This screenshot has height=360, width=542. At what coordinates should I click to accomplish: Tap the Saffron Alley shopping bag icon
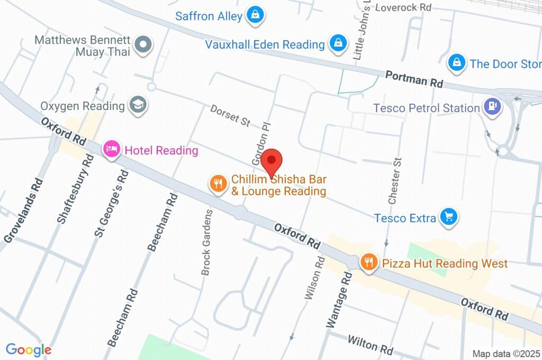pos(255,15)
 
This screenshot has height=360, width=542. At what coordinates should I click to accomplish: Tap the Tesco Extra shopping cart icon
pos(449,217)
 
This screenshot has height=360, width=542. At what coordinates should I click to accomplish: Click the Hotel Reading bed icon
pos(111,150)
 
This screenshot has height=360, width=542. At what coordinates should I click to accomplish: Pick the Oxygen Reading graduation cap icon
pos(139,105)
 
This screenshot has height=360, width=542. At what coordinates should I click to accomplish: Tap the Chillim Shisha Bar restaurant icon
pos(218,184)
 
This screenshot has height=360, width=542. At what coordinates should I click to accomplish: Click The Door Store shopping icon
pos(456,63)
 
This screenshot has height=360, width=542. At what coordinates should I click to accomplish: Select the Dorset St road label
pos(230,115)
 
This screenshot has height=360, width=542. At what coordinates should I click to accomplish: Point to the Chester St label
pos(395,181)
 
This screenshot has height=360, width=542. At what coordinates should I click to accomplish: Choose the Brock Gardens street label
pos(206,242)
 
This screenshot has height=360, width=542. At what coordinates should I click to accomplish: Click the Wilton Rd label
pos(370,344)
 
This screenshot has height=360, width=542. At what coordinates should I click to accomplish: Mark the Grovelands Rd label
pos(23,211)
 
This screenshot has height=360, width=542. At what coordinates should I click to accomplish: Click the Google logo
pos(29,349)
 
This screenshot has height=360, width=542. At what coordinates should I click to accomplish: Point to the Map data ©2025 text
pos(506,354)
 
